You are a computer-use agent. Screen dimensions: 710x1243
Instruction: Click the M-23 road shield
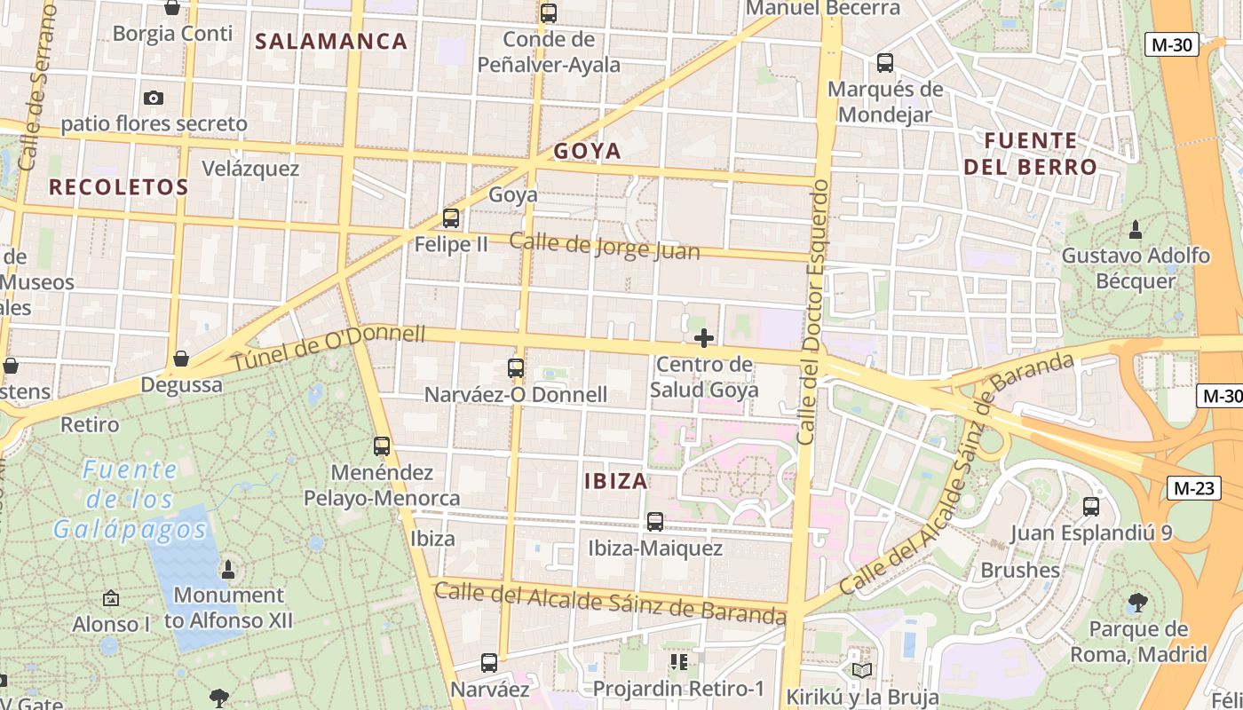pyautogui.click(x=1194, y=487)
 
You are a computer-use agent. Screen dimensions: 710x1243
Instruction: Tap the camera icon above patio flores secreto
pyautogui.click(x=154, y=98)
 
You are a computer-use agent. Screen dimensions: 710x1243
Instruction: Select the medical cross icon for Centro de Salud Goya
pyautogui.click(x=704, y=338)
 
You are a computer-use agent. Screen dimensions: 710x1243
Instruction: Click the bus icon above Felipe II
pyautogui.click(x=451, y=217)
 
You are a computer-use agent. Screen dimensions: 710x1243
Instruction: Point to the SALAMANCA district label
pyautogui.click(x=331, y=41)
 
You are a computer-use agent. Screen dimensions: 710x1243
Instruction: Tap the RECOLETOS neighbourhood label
pyautogui.click(x=118, y=186)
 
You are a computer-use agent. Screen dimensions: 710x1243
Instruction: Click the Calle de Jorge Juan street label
pyautogui.click(x=605, y=246)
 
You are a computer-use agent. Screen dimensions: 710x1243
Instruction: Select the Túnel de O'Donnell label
pyautogui.click(x=329, y=348)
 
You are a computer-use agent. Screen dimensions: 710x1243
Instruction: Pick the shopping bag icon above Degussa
pyautogui.click(x=181, y=359)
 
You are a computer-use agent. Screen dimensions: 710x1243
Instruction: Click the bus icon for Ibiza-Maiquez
pyautogui.click(x=655, y=522)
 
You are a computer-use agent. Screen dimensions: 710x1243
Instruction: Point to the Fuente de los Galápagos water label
pyautogui.click(x=130, y=500)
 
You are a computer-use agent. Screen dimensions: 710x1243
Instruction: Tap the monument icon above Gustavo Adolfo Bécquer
pyautogui.click(x=1135, y=230)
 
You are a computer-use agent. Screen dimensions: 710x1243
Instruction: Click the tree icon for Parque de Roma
pyautogui.click(x=1137, y=603)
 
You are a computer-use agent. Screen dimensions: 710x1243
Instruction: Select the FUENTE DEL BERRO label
pyautogui.click(x=1031, y=154)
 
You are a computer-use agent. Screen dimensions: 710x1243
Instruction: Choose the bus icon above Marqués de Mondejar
pyautogui.click(x=885, y=63)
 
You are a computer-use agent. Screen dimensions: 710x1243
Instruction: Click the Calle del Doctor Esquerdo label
pyautogui.click(x=813, y=312)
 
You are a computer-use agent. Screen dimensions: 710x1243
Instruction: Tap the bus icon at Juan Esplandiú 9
pyautogui.click(x=1091, y=507)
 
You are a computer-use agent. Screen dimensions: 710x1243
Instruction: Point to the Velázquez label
pyautogui.click(x=250, y=168)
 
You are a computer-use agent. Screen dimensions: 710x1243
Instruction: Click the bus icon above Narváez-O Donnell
pyautogui.click(x=516, y=367)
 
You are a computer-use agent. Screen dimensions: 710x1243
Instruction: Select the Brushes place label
pyautogui.click(x=1020, y=570)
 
